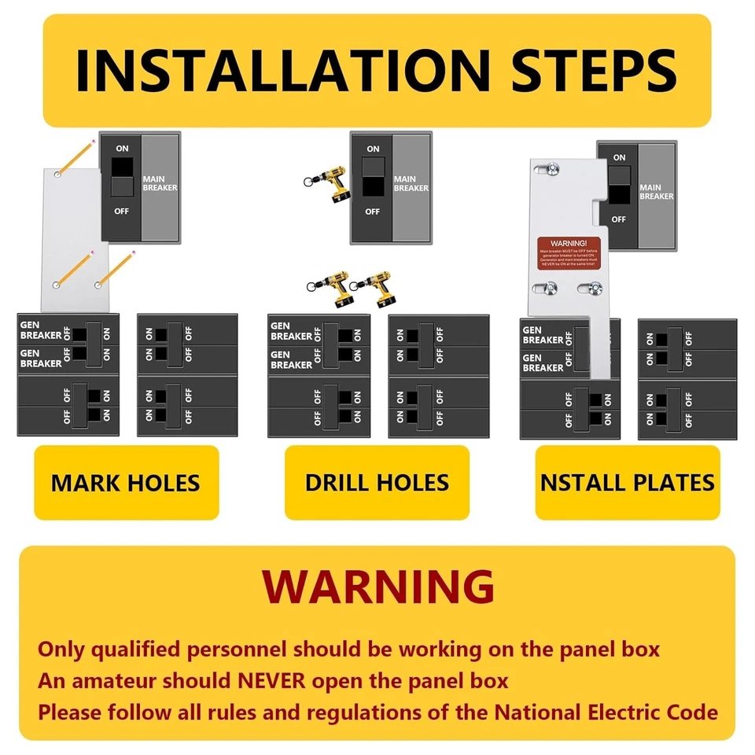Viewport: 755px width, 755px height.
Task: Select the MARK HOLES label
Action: pos(126,483)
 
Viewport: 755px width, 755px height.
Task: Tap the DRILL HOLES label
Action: pos(377,483)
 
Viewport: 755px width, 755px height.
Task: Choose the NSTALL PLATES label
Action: pos(628,483)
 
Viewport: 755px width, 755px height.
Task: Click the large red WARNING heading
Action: pos(378,586)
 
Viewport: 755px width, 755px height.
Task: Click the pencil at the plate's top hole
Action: pos(76,154)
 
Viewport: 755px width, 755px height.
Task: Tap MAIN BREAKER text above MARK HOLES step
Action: pos(160,183)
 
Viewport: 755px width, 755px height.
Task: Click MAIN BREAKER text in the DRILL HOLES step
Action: pos(411,183)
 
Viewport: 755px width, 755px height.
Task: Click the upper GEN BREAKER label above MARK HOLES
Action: pos(41,331)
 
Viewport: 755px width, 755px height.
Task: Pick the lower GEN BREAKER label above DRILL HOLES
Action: pos(291,359)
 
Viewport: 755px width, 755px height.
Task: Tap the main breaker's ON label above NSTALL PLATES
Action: pos(620,158)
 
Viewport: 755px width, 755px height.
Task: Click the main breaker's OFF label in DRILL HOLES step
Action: pos(373,212)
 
